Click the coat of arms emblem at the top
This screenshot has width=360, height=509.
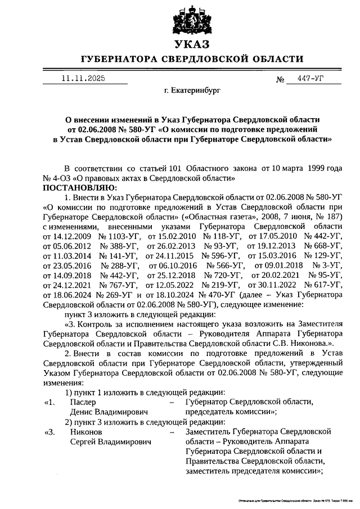tap(192, 19)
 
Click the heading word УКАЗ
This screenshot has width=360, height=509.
tap(192, 44)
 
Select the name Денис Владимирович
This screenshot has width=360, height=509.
tap(107, 412)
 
